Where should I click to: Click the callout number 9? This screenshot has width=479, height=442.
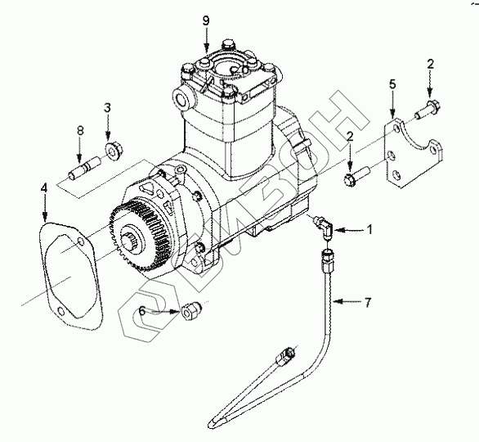tap(206, 20)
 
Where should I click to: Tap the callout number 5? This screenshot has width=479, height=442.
tap(392, 84)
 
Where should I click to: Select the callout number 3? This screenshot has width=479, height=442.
tap(107, 108)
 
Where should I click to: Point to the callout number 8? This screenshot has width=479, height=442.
tap(80, 131)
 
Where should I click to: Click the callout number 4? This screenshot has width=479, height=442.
tap(44, 187)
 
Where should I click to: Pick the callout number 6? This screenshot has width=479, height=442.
tap(142, 310)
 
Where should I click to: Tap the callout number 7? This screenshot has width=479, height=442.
tap(368, 302)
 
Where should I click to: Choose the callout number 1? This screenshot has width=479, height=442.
tap(369, 229)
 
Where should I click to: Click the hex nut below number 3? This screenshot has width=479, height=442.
tap(114, 150)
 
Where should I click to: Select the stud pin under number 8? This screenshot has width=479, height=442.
tap(83, 169)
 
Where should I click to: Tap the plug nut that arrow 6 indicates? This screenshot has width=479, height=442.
tap(191, 310)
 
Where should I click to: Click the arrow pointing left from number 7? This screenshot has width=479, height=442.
tap(347, 302)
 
